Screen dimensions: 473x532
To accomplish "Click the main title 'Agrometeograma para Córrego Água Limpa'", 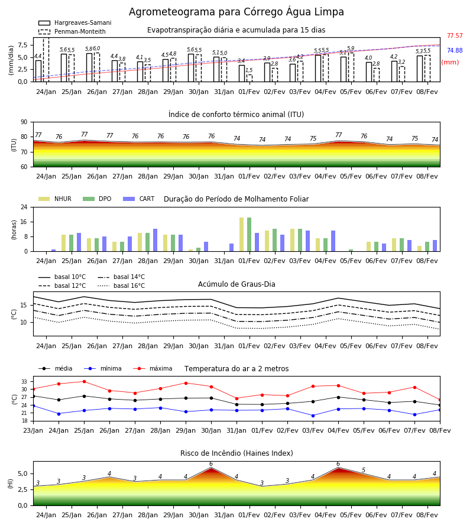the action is pyautogui.click(x=236, y=12).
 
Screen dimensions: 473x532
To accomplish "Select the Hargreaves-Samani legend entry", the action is pyautogui.click(x=75, y=22).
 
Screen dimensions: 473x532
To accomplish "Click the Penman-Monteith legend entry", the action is pyautogui.click(x=72, y=31).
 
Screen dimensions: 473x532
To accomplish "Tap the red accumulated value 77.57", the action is pyautogui.click(x=455, y=35).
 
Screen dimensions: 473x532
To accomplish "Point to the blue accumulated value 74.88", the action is pyautogui.click(x=455, y=50).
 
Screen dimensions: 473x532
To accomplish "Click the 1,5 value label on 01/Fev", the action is pyautogui.click(x=249, y=70).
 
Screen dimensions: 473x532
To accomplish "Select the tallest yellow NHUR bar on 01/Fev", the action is pyautogui.click(x=242, y=235).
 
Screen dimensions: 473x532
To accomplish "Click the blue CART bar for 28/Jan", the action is pyautogui.click(x=155, y=240).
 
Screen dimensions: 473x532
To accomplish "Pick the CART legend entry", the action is pyautogui.click(x=139, y=199).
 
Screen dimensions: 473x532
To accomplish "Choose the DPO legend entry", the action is pyautogui.click(x=97, y=199).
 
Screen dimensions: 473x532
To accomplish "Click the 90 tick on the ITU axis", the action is pyautogui.click(x=24, y=122).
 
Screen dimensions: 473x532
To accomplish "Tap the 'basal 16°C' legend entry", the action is pyautogui.click(x=121, y=286).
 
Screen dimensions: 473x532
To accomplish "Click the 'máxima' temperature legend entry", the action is pyautogui.click(x=153, y=368).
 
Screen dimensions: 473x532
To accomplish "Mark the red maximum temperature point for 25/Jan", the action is pyautogui.click(x=84, y=381).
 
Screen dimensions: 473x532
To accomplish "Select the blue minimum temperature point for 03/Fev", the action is pyautogui.click(x=313, y=416).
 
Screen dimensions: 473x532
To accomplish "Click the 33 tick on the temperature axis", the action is pyautogui.click(x=24, y=382).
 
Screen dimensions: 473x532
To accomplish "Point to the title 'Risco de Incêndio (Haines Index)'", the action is pyautogui.click(x=237, y=453).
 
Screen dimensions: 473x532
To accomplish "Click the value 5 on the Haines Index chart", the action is pyautogui.click(x=364, y=470).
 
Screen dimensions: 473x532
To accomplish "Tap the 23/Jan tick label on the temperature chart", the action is pyautogui.click(x=33, y=430).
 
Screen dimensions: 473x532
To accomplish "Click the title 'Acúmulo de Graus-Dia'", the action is pyautogui.click(x=237, y=284).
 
